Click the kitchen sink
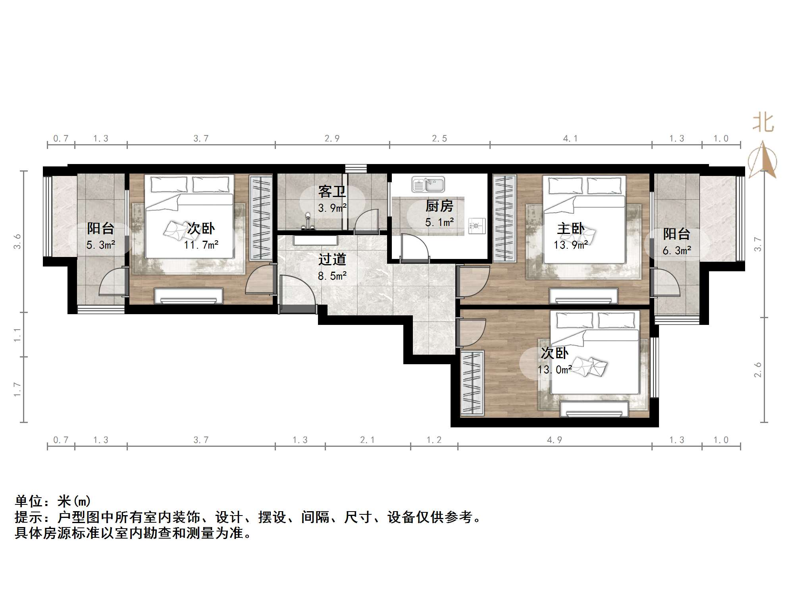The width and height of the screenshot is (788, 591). pyautogui.click(x=428, y=185)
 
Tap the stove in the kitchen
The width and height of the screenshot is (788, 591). pyautogui.click(x=476, y=226)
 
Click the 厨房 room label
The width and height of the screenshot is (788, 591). pyautogui.click(x=439, y=206)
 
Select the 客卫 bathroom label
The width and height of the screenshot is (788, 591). pyautogui.click(x=332, y=192)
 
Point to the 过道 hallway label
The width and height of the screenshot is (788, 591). pyautogui.click(x=332, y=260)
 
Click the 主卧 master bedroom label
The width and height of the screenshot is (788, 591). pyautogui.click(x=570, y=228)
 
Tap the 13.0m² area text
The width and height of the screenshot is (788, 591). pyautogui.click(x=555, y=370)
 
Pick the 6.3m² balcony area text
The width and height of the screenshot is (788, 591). pyautogui.click(x=676, y=251)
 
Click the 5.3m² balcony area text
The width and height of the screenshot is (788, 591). pyautogui.click(x=101, y=245)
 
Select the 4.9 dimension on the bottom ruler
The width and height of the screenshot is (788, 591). pyautogui.click(x=555, y=440)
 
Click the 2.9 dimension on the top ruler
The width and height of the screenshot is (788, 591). pyautogui.click(x=332, y=139)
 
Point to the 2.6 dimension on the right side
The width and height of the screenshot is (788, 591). pyautogui.click(x=758, y=370)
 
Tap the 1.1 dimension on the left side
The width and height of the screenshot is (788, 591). pyautogui.click(x=17, y=335)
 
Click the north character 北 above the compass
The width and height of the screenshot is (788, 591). pyautogui.click(x=763, y=123)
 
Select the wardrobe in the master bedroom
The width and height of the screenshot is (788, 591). pyautogui.click(x=504, y=218)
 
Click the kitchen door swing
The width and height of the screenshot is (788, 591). pyautogui.click(x=415, y=248)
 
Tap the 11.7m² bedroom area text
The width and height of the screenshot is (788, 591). pyautogui.click(x=201, y=245)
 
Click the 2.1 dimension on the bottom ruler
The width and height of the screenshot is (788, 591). pyautogui.click(x=367, y=440)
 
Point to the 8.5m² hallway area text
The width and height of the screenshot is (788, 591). pyautogui.click(x=332, y=276)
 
